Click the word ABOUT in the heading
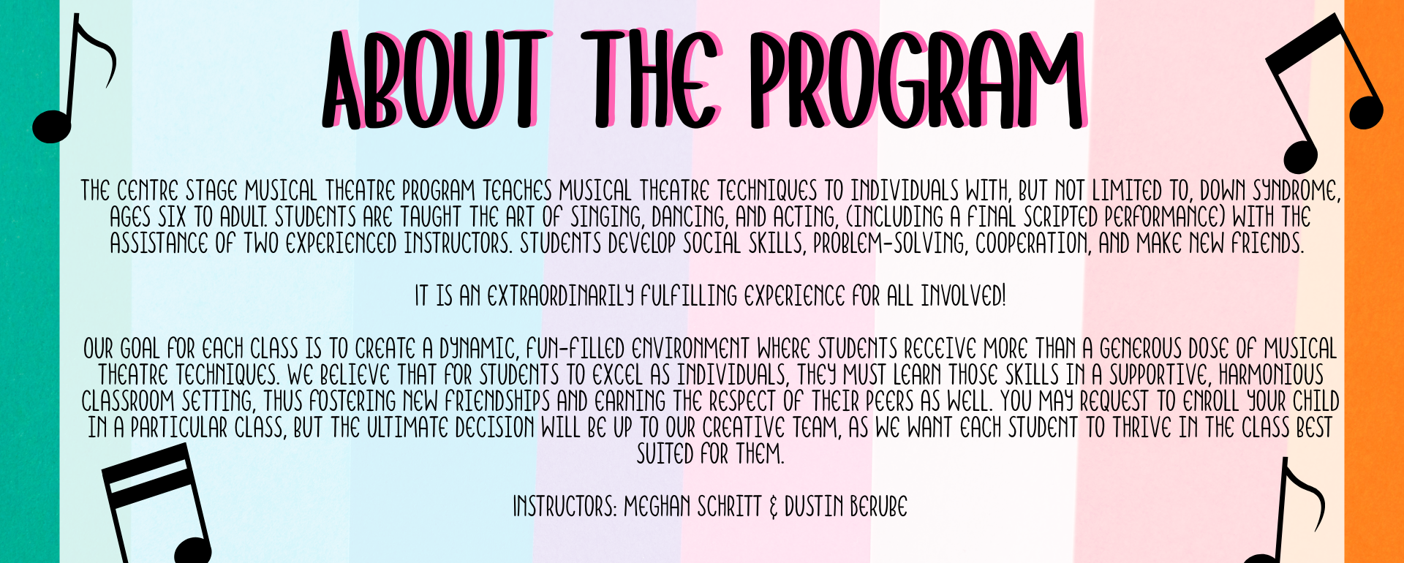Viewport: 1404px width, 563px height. click(x=434, y=80)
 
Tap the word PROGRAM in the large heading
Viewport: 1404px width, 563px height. click(x=918, y=80)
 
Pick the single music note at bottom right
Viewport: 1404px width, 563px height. click(x=1291, y=512)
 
